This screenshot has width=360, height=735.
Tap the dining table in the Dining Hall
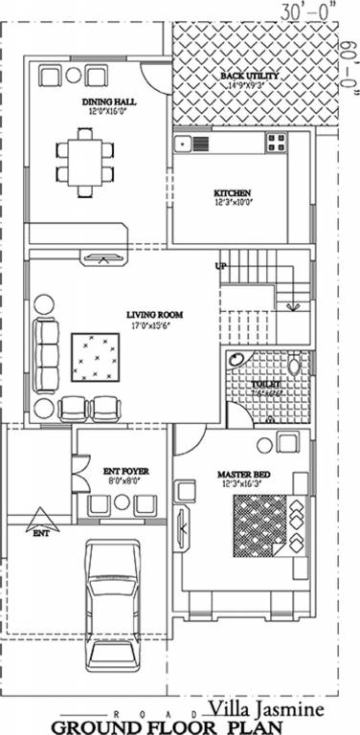coord(82,162)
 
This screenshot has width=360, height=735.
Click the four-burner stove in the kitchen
coord(276,143)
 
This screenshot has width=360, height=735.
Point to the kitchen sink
coord(183,144)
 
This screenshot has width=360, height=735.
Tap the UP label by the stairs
coord(220,265)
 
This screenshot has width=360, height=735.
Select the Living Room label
coord(155,314)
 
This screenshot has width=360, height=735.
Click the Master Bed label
coord(239,474)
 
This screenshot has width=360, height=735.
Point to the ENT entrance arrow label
coord(40,532)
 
